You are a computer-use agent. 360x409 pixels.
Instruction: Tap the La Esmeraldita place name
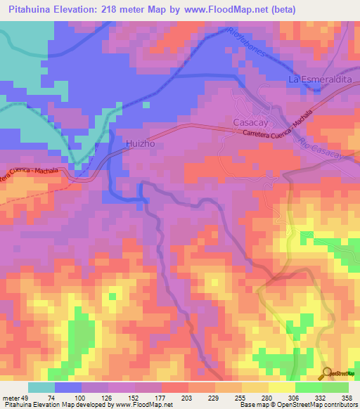320,80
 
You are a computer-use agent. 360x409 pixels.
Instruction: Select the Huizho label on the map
139,143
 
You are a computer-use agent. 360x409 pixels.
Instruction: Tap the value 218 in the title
115,10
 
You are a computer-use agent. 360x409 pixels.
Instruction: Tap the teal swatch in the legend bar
41,387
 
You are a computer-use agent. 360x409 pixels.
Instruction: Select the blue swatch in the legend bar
68,387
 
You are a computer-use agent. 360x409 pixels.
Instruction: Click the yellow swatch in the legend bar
282,387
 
